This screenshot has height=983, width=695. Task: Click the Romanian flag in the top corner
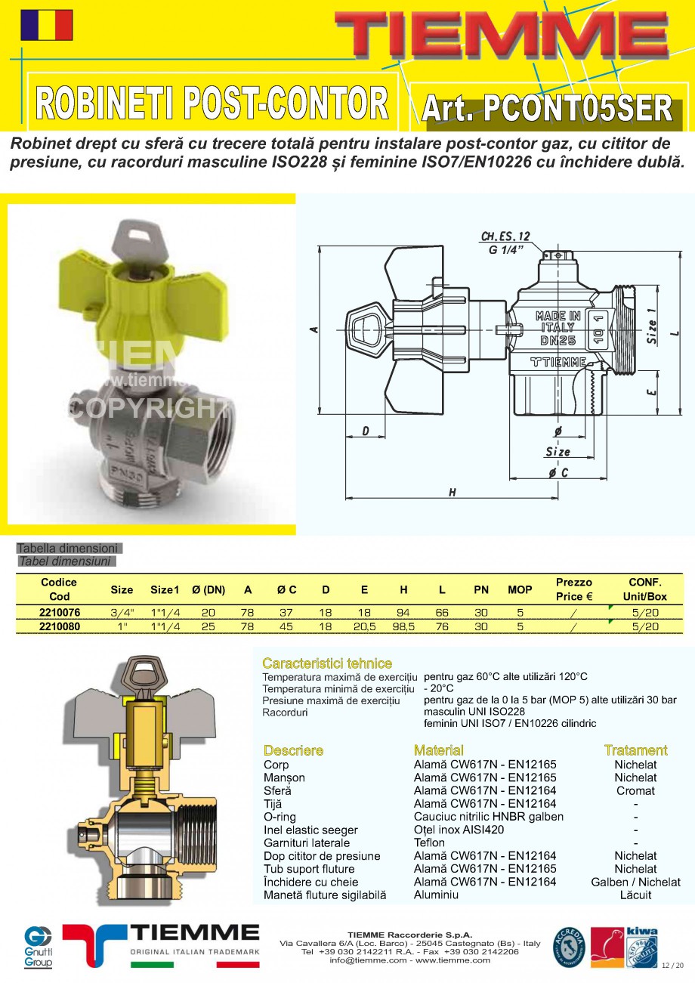pos(47,25)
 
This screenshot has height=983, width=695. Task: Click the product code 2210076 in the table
pos(59,612)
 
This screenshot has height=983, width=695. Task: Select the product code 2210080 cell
pos(59,626)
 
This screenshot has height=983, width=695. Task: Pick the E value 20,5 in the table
pos(364,626)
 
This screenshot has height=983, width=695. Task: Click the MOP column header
pos(520,589)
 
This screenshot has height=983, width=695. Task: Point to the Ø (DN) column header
pos(208,589)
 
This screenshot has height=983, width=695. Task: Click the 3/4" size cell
pos(122,612)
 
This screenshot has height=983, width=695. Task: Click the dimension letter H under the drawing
pos(452,493)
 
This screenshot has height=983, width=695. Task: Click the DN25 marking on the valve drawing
pos(558,341)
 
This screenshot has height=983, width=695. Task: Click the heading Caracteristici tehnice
pos(327,663)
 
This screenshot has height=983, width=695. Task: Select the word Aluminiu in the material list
pos(436,895)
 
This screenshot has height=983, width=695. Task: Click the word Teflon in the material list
pos(429,842)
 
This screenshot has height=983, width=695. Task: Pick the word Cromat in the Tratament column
pos(635,791)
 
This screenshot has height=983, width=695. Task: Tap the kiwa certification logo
pos(641,946)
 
